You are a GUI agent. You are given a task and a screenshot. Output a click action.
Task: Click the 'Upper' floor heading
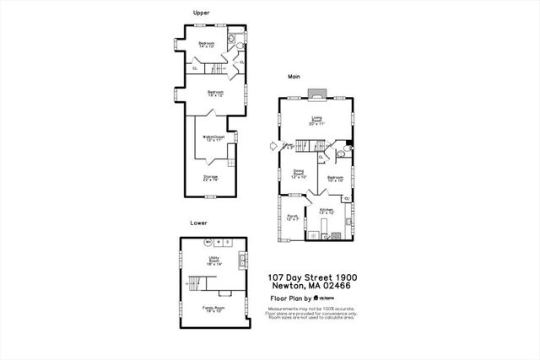click(201, 12)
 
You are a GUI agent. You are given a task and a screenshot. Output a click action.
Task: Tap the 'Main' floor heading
click(294, 77)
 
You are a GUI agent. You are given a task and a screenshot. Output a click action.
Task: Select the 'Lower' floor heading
click(198, 223)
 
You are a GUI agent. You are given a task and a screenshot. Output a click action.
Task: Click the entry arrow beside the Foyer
click(273, 146)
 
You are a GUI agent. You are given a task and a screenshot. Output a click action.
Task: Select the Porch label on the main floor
click(293, 218)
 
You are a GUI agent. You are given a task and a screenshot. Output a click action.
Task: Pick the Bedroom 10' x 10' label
click(335, 179)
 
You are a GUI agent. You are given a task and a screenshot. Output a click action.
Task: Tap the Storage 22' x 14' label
click(210, 178)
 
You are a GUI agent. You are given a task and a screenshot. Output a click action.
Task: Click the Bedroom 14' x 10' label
click(208, 45)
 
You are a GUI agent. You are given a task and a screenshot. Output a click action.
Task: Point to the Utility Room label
click(214, 261)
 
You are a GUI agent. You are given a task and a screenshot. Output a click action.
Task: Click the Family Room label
click(213, 309)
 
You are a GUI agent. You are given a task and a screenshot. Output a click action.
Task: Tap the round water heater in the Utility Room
click(208, 243)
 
